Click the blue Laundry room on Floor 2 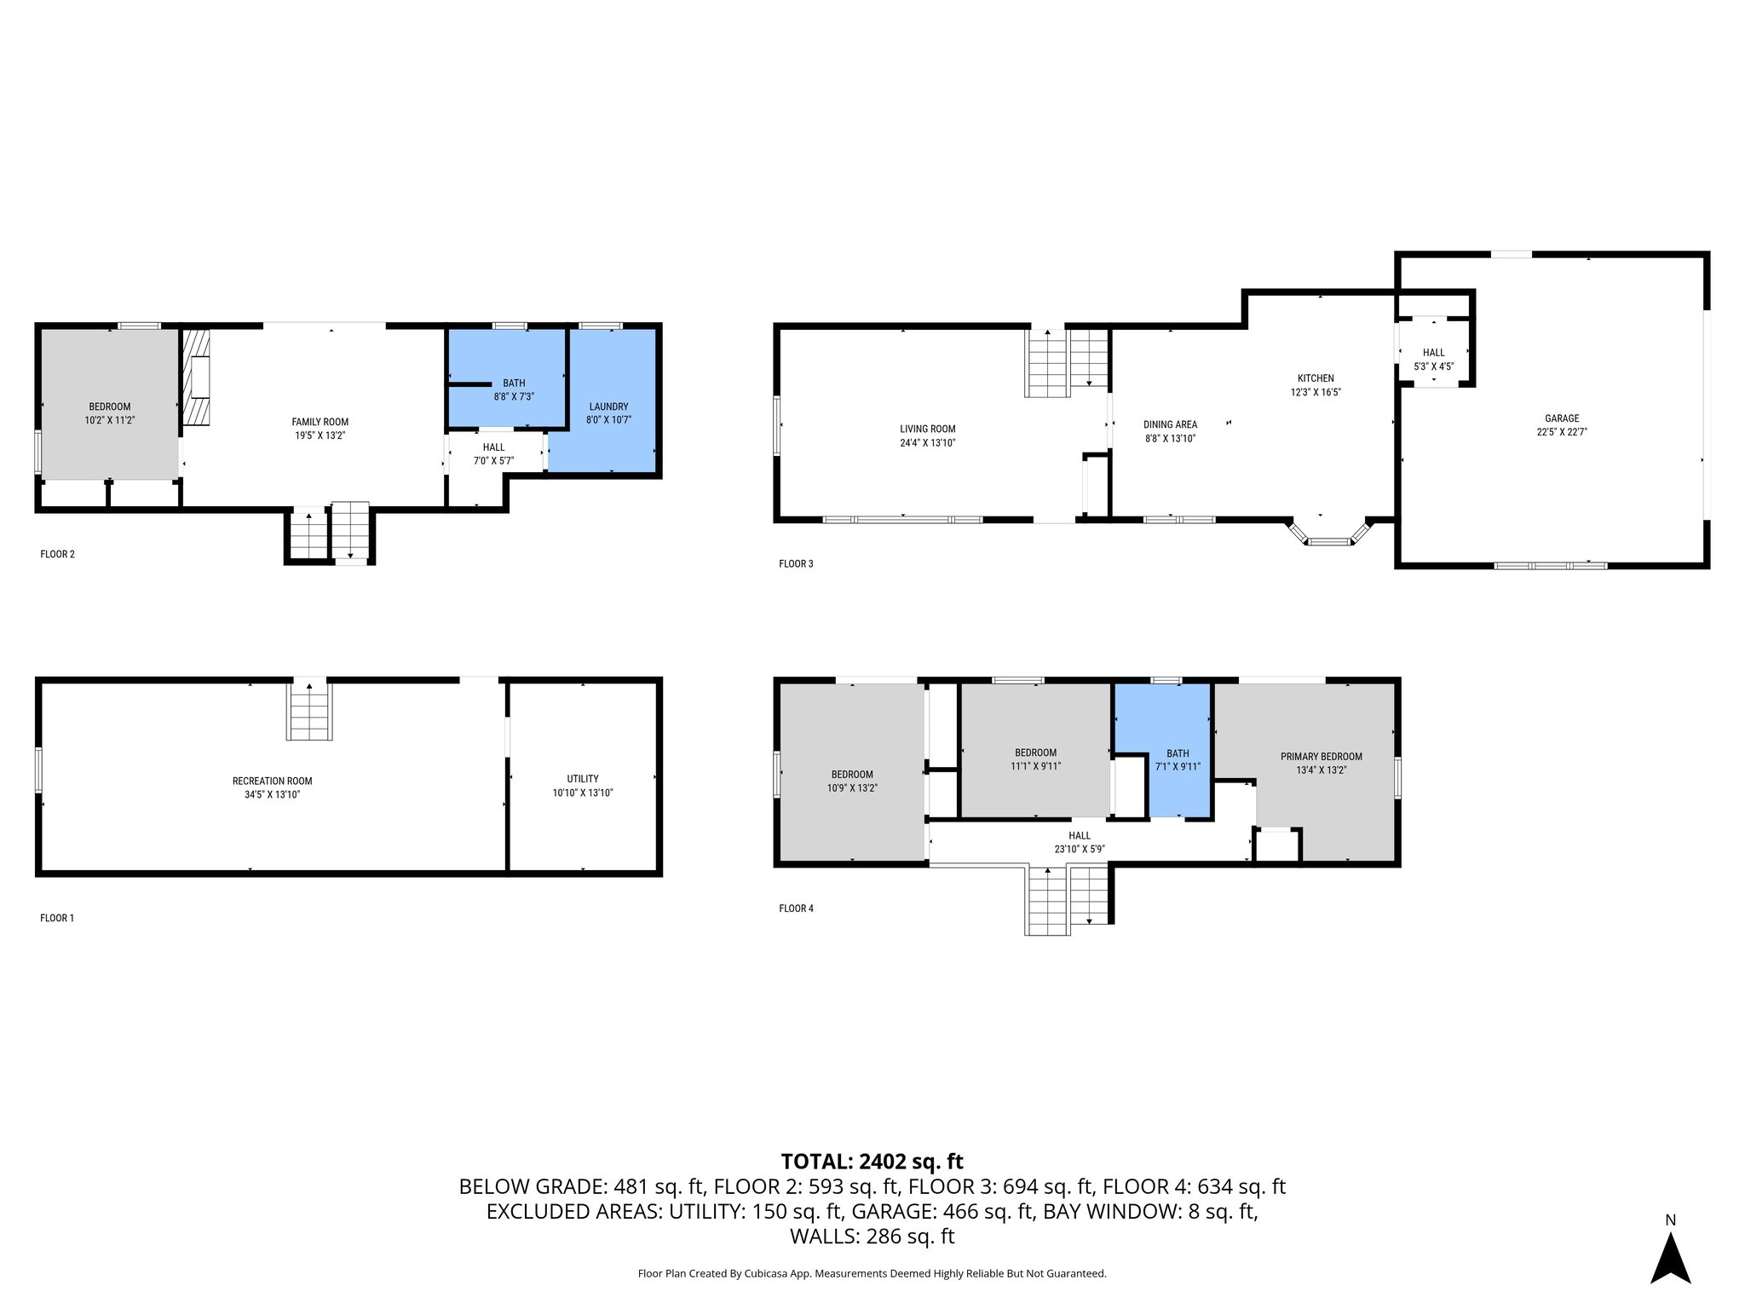pos(608,413)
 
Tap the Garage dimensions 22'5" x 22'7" pos(1561,432)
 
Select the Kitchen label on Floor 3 pos(1315,378)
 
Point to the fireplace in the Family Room pos(196,378)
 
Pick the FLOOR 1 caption pos(57,918)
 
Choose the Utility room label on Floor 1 pos(583,779)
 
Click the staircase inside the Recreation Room pos(309,712)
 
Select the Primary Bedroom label pos(1321,757)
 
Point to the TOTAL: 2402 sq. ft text pos(872,1161)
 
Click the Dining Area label pos(1170,424)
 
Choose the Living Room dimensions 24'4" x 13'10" pos(927,443)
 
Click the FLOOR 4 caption pos(796,908)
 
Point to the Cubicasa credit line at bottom pos(872,1273)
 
